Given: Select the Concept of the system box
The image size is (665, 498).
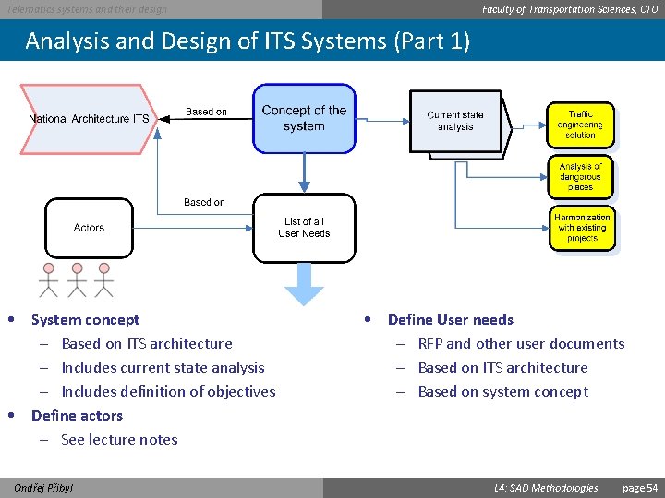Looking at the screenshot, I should [x=304, y=118].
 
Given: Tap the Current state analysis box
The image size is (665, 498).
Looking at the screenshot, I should [x=455, y=121].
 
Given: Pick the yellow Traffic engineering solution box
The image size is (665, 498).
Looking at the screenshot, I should [x=580, y=124].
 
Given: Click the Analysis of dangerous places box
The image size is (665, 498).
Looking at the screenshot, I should [x=580, y=176].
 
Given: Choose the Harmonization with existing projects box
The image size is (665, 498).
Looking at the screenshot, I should [x=582, y=227].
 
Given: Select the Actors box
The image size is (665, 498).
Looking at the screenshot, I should [x=89, y=228].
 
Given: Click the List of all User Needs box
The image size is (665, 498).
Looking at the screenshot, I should [x=304, y=227].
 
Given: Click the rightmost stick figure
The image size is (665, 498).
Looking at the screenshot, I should [x=103, y=279].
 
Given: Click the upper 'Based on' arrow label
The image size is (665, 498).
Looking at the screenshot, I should [x=206, y=112].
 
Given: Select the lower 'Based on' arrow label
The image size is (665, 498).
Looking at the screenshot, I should [x=204, y=202].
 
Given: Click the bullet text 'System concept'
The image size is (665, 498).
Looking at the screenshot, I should [x=85, y=320].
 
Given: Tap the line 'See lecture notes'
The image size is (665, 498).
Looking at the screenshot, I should [x=119, y=440].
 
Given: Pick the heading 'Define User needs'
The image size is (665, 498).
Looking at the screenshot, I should [x=450, y=320].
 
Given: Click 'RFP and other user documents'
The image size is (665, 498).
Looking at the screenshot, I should [x=521, y=344].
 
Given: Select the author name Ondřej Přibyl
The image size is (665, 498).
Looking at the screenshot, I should [x=44, y=487].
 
